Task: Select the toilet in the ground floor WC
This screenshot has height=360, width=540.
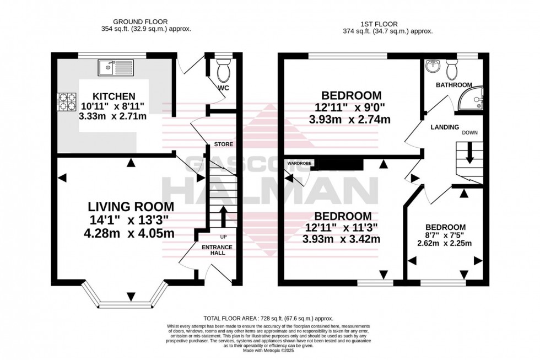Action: point(223,72)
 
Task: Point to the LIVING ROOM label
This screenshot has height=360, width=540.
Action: point(131,207)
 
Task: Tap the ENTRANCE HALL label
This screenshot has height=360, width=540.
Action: point(217,251)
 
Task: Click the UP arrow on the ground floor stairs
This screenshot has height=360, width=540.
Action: point(223,216)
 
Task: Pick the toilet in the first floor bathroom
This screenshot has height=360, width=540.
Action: point(452,69)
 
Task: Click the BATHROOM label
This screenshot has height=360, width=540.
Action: point(454,85)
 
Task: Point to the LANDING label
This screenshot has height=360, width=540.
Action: point(445,127)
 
